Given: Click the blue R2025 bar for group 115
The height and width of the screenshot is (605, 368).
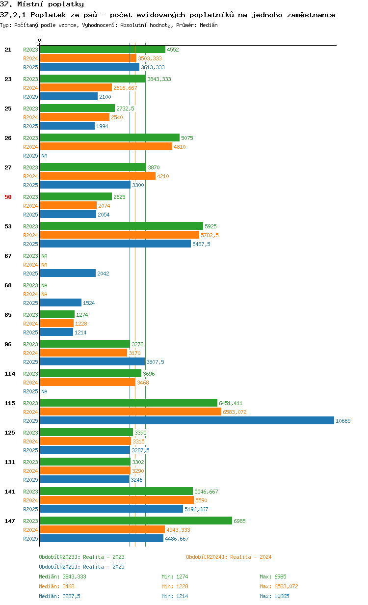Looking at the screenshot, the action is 187,420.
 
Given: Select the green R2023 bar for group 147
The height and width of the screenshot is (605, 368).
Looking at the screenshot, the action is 136,521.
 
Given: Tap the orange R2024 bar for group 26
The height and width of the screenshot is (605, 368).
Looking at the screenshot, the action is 106,146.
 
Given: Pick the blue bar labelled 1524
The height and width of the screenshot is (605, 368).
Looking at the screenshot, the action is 61,302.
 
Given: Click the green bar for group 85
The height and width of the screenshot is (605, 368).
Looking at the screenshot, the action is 57,314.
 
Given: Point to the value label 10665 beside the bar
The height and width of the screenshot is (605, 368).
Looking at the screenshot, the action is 343,421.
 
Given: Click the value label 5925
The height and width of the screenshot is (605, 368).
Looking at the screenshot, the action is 210,226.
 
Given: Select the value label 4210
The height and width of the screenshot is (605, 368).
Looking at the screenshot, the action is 163,176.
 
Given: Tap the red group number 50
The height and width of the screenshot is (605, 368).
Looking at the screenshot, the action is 8,197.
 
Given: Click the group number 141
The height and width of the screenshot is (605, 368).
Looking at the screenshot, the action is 10,492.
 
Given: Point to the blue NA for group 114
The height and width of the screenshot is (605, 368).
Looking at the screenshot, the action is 44,391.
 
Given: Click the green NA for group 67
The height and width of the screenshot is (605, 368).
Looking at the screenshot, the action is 44,256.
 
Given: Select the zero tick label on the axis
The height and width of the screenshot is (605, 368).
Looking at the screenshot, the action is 39,40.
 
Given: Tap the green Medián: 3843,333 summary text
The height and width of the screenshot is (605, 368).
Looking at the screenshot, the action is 63,577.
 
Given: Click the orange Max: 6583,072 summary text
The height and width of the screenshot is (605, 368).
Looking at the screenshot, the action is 279,586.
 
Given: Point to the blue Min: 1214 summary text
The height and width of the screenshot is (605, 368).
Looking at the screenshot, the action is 175,596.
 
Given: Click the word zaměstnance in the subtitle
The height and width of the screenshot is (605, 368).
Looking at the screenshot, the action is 311,15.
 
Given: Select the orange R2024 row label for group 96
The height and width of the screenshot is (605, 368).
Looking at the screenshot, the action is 30,353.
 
